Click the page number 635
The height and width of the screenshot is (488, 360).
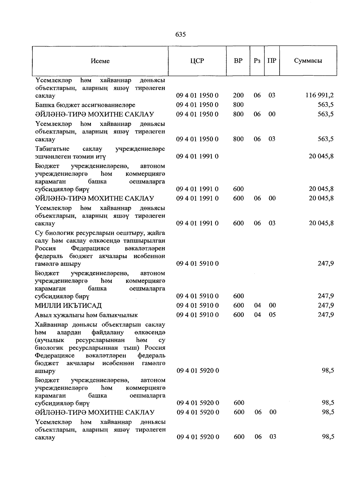[180, 35]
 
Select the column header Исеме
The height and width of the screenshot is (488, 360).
[100, 61]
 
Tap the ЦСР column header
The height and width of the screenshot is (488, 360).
[197, 61]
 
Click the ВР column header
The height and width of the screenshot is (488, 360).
[238, 61]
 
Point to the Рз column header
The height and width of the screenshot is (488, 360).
[257, 61]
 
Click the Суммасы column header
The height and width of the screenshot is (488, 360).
[308, 61]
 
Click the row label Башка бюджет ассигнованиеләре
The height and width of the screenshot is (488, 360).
[85, 105]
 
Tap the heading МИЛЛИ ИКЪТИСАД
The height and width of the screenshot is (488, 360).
[68, 306]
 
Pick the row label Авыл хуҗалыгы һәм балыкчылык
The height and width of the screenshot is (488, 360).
[86, 315]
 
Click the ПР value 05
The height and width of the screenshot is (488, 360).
[272, 315]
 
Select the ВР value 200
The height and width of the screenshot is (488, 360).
[238, 95]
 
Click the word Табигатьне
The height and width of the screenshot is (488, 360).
[52, 149]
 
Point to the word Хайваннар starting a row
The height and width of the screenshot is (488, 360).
[52, 325]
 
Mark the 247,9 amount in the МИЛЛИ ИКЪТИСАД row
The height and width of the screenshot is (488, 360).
[326, 305]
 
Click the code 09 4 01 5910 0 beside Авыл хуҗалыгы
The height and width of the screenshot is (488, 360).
[197, 315]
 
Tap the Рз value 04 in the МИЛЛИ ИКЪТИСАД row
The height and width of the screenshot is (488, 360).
[257, 305]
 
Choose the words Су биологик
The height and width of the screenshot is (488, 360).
[56, 233]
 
